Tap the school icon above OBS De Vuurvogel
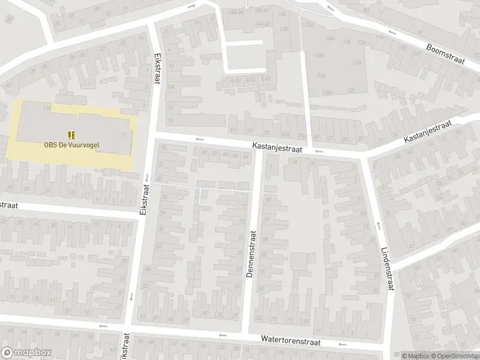[71, 134]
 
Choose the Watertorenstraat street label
[290, 340]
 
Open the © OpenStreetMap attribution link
[453, 356]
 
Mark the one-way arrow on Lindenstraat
[378, 226]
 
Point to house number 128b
[326, 91]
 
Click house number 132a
[308, 24]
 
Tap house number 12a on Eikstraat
[170, 87]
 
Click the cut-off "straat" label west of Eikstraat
[8, 205]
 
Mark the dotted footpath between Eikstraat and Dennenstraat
[204, 188]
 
